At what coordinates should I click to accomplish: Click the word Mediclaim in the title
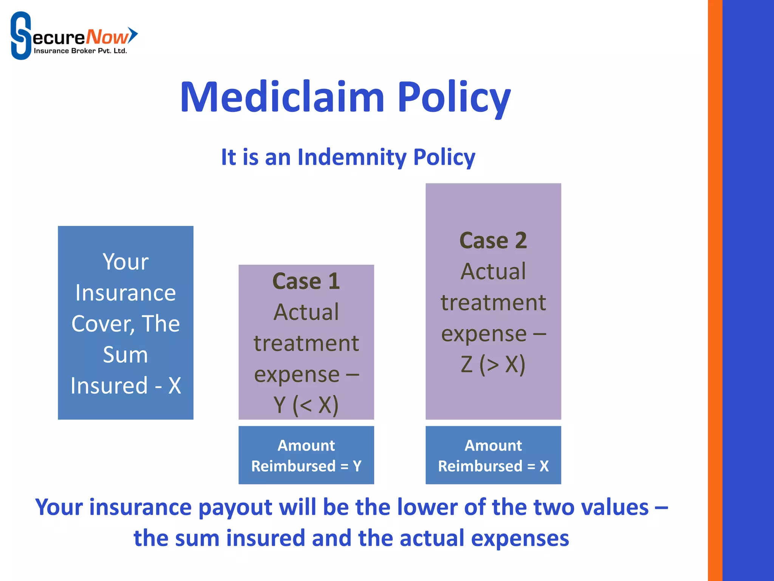click(x=282, y=98)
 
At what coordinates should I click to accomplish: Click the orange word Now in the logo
click(x=107, y=37)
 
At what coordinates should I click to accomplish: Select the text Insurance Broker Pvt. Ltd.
click(x=80, y=51)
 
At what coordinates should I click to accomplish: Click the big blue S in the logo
click(x=20, y=36)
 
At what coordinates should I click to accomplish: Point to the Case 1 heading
click(x=306, y=281)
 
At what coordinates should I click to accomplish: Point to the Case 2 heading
click(x=493, y=241)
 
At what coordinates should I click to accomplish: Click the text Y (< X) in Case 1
click(x=306, y=405)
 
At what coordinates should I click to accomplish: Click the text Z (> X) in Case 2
click(x=493, y=364)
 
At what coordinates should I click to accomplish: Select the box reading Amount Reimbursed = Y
click(x=306, y=455)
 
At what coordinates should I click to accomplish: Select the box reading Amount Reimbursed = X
click(x=493, y=455)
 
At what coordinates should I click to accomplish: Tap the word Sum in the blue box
click(x=125, y=355)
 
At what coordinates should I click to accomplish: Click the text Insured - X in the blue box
click(x=125, y=386)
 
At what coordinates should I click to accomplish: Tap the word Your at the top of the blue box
click(x=125, y=262)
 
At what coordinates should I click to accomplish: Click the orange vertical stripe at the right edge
click(x=715, y=290)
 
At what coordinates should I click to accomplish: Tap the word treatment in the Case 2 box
click(x=493, y=303)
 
